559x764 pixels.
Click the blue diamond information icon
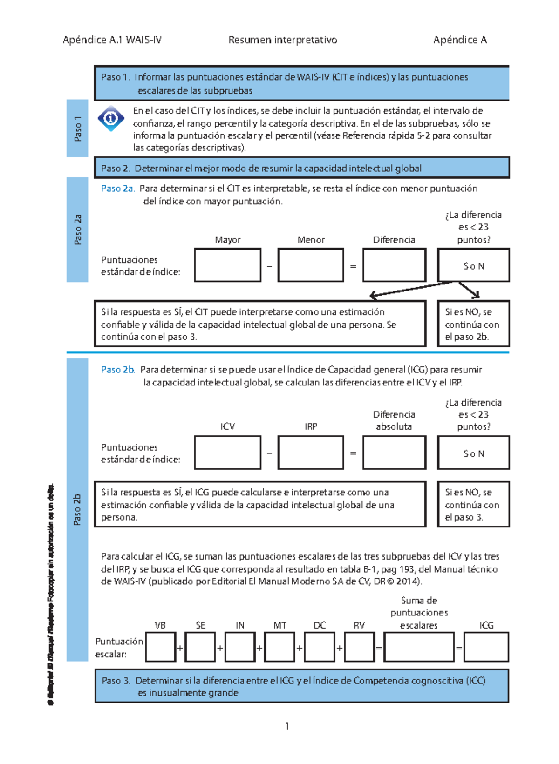click(111, 118)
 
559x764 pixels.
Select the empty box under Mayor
click(227, 265)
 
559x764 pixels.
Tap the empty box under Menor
click(311, 265)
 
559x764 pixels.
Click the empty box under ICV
click(227, 453)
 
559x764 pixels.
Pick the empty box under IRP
click(311, 453)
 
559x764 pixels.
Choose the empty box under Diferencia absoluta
click(394, 453)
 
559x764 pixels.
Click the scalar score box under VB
click(160, 647)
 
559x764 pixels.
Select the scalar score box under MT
click(279, 647)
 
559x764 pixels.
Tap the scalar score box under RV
click(359, 647)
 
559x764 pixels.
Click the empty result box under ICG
click(486, 647)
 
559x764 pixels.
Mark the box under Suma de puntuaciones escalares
click(419, 647)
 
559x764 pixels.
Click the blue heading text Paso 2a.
click(118, 189)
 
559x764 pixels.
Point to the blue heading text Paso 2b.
click(118, 370)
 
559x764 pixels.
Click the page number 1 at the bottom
click(287, 726)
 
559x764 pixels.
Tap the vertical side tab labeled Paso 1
click(77, 128)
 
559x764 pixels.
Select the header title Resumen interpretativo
click(283, 40)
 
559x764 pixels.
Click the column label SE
click(200, 625)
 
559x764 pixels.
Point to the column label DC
click(320, 625)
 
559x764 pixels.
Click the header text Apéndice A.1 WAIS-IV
click(112, 40)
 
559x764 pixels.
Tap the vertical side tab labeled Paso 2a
click(77, 230)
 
